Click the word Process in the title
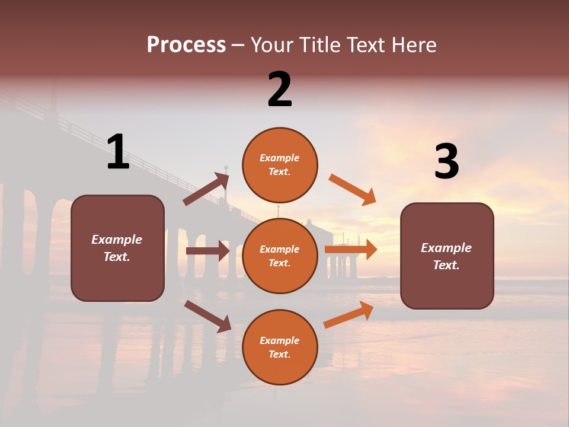pyautogui.click(x=186, y=45)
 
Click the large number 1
pyautogui.click(x=118, y=152)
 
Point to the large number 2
pyautogui.click(x=280, y=90)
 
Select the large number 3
pyautogui.click(x=446, y=162)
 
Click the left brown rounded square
pyautogui.click(x=117, y=248)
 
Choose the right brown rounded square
pyautogui.click(x=447, y=256)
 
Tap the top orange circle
pyautogui.click(x=280, y=165)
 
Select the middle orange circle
pyautogui.click(x=280, y=256)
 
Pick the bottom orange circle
pyautogui.click(x=280, y=347)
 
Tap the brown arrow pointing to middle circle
pyautogui.click(x=207, y=251)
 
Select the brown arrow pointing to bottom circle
pyautogui.click(x=207, y=316)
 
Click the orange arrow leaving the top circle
pyautogui.click(x=353, y=190)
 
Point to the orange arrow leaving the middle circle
pyautogui.click(x=351, y=250)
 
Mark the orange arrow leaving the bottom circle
pyautogui.click(x=349, y=314)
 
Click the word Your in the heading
pyautogui.click(x=272, y=45)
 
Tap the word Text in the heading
pyautogui.click(x=365, y=45)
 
